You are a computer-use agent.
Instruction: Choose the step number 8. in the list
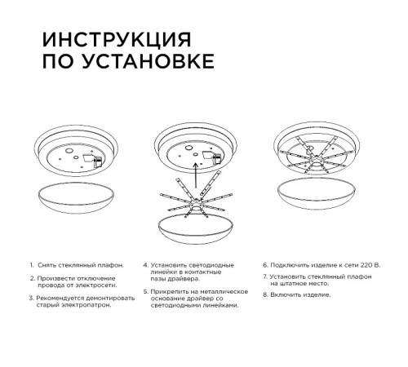click(x=265, y=293)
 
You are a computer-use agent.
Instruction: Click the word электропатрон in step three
click(x=86, y=307)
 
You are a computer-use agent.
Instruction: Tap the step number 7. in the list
click(x=265, y=277)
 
